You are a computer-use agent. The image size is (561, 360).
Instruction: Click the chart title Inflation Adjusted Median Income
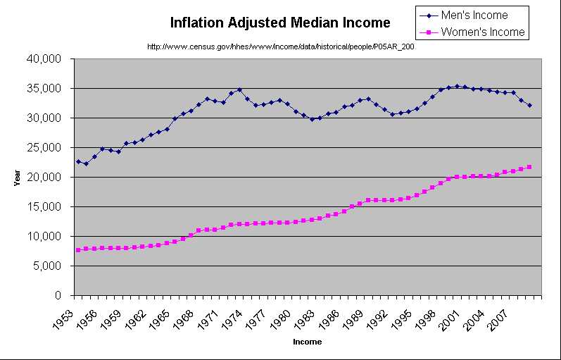tap(279, 23)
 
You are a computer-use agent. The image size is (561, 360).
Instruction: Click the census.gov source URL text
tap(280, 46)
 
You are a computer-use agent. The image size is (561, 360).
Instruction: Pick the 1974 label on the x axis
tap(236, 315)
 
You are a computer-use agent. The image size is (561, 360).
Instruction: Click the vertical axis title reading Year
tap(17, 179)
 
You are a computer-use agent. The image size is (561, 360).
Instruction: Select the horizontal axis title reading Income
tap(307, 342)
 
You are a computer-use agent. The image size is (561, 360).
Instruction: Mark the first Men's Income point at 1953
tap(78, 161)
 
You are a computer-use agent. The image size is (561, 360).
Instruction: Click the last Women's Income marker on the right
tap(529, 167)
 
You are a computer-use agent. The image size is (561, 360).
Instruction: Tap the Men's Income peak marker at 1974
tap(239, 89)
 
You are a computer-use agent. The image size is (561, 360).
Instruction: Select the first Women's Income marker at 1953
tap(78, 250)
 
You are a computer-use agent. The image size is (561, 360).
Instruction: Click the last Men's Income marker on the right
tap(529, 106)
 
